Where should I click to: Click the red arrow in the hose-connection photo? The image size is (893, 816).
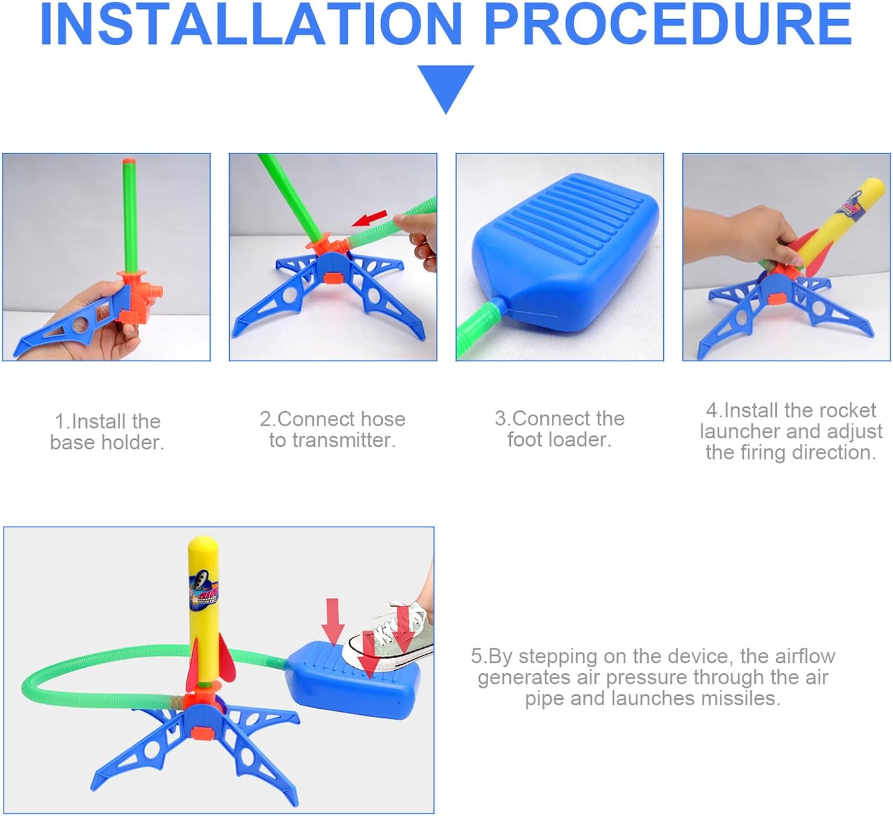click(x=369, y=218)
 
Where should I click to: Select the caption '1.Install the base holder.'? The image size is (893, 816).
click(x=107, y=432)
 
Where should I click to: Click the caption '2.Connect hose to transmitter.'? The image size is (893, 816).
click(x=333, y=429)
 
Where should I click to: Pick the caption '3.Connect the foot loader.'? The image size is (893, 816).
click(x=560, y=429)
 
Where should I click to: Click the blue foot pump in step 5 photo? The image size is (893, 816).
click(x=352, y=680)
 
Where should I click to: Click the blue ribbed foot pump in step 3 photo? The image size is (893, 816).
click(x=566, y=252)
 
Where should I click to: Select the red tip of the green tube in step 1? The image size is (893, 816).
click(x=129, y=161)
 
